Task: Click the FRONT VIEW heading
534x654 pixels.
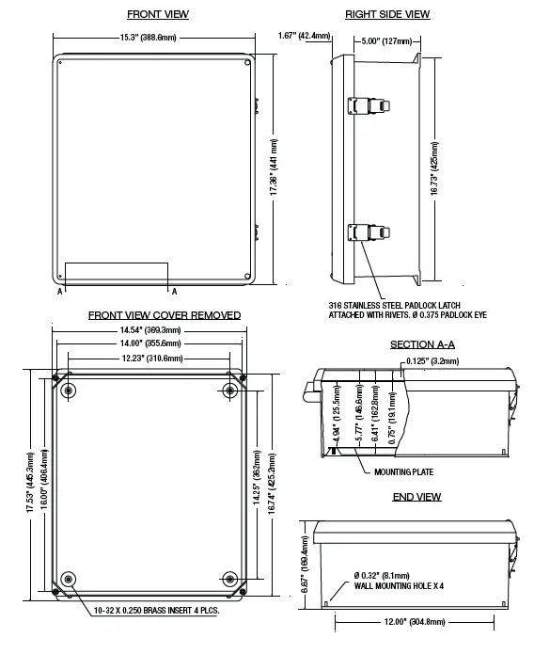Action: tap(157, 15)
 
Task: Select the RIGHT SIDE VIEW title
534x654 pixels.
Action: tap(386, 15)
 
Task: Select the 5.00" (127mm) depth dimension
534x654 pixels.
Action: tap(386, 40)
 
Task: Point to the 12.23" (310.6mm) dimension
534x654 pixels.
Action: tap(150, 359)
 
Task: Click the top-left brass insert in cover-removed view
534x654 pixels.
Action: tap(69, 390)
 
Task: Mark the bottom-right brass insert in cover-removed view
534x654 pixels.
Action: tap(230, 578)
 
